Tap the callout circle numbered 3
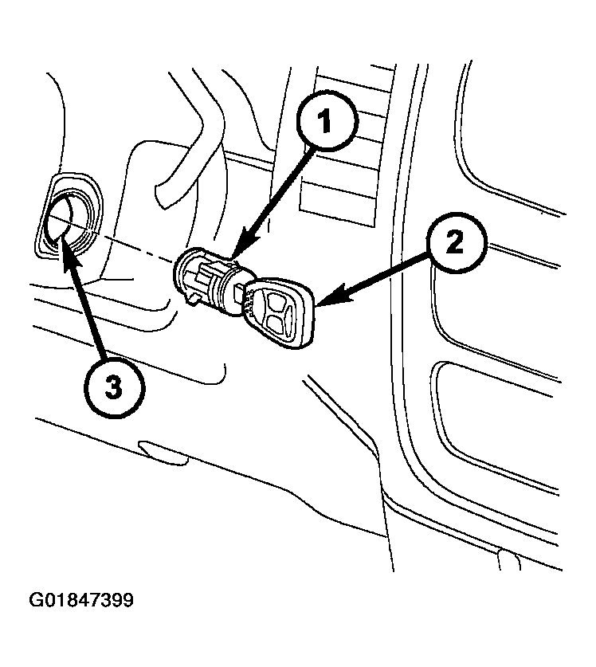(x=114, y=387)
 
